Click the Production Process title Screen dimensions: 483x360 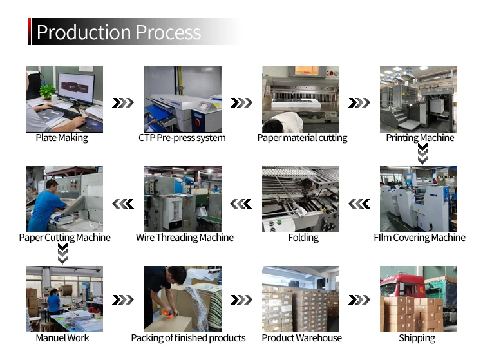[x=118, y=32]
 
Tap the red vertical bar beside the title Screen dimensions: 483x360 [x=30, y=32]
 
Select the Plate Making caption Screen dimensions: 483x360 [x=62, y=138]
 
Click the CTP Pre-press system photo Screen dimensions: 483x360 [x=182, y=99]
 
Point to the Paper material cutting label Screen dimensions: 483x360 [x=302, y=138]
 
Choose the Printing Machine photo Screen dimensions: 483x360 [x=418, y=99]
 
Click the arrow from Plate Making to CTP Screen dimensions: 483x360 [x=123, y=103]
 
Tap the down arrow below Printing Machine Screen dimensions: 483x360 [x=422, y=153]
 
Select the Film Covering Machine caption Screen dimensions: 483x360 [x=419, y=238]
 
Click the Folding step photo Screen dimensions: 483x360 [x=300, y=198]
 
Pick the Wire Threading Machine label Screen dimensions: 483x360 [x=184, y=238]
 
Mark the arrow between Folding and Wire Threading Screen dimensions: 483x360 [x=241, y=204]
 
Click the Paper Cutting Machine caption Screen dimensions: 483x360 [x=64, y=238]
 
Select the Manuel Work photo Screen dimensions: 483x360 [x=64, y=298]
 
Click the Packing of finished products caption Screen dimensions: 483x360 [x=188, y=338]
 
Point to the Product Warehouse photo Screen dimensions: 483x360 [x=300, y=298]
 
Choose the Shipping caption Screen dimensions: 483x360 [x=417, y=338]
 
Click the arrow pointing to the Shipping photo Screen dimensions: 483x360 [x=359, y=300]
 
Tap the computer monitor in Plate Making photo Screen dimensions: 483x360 [x=75, y=88]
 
